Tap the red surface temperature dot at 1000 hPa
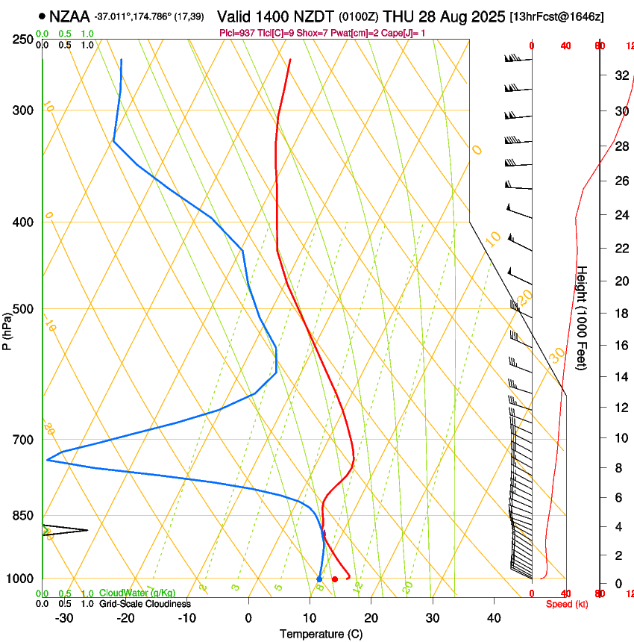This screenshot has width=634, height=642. [335, 579]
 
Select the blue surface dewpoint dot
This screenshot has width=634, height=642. [319, 579]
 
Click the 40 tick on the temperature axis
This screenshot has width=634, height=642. [494, 617]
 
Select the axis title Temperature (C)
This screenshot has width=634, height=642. [321, 634]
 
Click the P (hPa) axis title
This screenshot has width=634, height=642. [7, 328]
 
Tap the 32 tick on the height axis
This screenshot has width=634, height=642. [620, 75]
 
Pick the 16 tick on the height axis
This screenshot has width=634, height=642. [620, 346]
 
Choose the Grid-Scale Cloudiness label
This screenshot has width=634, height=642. [145, 603]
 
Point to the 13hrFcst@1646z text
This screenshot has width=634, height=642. [556, 16]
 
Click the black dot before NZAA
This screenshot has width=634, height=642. [42, 16]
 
